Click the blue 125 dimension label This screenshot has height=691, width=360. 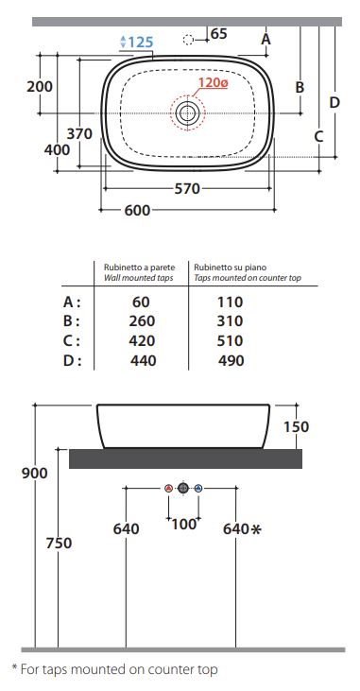[x=137, y=43]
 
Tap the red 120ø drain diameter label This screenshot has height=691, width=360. [x=213, y=82]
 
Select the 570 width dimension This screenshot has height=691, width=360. [x=187, y=189]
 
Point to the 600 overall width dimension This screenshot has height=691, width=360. [x=137, y=210]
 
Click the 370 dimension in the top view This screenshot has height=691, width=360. [x=79, y=133]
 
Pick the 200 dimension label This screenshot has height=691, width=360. [x=40, y=86]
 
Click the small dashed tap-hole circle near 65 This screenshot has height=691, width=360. [x=188, y=40]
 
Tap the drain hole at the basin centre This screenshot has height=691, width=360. [x=188, y=113]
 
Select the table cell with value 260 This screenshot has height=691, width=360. [x=142, y=320]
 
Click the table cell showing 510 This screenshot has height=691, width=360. [x=230, y=340]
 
